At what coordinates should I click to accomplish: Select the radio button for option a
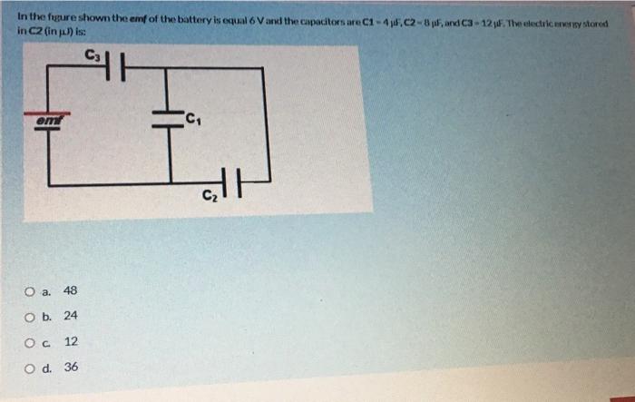(31, 291)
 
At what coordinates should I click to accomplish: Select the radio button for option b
(31, 317)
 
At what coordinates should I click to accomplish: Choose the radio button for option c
(31, 342)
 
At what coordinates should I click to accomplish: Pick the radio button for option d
(31, 368)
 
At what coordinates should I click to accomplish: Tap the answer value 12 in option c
(71, 342)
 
